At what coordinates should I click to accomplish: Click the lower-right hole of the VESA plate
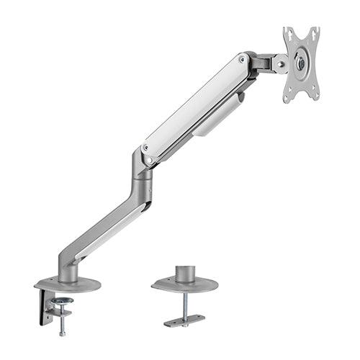pyautogui.click(x=312, y=94)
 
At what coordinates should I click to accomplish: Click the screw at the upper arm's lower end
pyautogui.click(x=146, y=148)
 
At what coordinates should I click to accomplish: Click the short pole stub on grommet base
pyautogui.click(x=185, y=274)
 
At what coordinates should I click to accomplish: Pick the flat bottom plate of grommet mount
pyautogui.click(x=184, y=320)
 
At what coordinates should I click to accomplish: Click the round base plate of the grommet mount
pyautogui.click(x=184, y=286)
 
